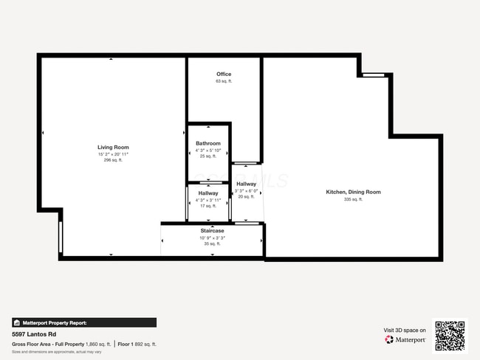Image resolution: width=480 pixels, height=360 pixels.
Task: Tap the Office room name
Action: (x=224, y=75)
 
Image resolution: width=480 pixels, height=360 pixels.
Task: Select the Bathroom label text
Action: (x=208, y=143)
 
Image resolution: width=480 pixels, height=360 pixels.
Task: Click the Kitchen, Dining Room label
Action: (x=353, y=192)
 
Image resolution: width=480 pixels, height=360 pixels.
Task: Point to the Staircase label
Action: (x=212, y=231)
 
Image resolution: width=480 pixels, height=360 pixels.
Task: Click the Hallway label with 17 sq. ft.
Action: (x=208, y=193)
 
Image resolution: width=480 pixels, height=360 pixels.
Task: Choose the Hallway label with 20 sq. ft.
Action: (x=246, y=184)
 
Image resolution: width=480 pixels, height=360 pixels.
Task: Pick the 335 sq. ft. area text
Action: (x=353, y=199)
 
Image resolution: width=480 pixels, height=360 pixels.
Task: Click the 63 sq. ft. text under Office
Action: (x=224, y=81)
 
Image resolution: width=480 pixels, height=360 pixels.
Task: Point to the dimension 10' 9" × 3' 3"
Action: (x=212, y=238)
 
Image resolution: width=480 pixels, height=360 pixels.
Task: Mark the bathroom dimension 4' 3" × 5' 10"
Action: (x=208, y=150)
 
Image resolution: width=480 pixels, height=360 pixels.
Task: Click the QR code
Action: (x=450, y=336)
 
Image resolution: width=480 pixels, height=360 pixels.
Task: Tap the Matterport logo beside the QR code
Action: (x=405, y=340)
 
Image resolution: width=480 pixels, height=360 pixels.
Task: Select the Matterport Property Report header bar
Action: (x=83, y=322)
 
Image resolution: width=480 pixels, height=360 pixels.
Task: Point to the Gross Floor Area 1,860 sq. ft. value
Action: (x=98, y=344)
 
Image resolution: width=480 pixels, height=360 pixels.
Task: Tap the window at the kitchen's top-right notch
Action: (x=374, y=75)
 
